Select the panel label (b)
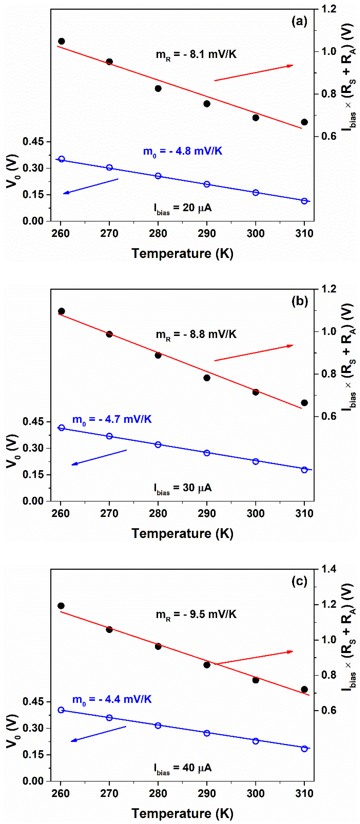point(299,301)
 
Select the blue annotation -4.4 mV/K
point(112,699)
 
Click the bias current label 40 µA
point(183,768)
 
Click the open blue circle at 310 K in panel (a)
point(304,201)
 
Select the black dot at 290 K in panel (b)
point(207,378)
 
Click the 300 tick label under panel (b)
point(255,513)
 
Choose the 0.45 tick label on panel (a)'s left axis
point(33,142)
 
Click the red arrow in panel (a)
point(253,73)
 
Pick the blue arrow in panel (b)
point(99,457)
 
